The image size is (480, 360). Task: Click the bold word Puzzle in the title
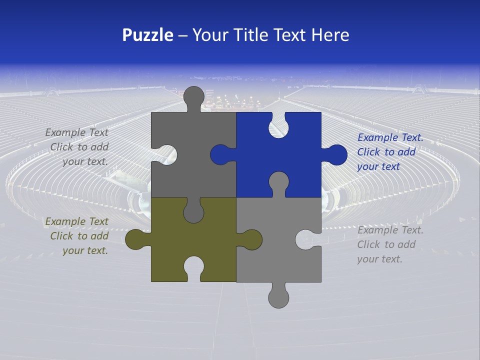pos(147,35)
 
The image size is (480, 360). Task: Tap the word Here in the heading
pos(330,35)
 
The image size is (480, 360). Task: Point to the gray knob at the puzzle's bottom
pos(278,297)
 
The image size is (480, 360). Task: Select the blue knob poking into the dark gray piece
pos(220,154)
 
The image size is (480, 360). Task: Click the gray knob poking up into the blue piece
pos(278,182)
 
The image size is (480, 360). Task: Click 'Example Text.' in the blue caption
pos(390,138)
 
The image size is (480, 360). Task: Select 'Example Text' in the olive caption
pos(76,221)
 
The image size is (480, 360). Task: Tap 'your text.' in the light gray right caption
pos(379,259)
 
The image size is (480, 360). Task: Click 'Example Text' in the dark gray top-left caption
pos(76,132)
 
